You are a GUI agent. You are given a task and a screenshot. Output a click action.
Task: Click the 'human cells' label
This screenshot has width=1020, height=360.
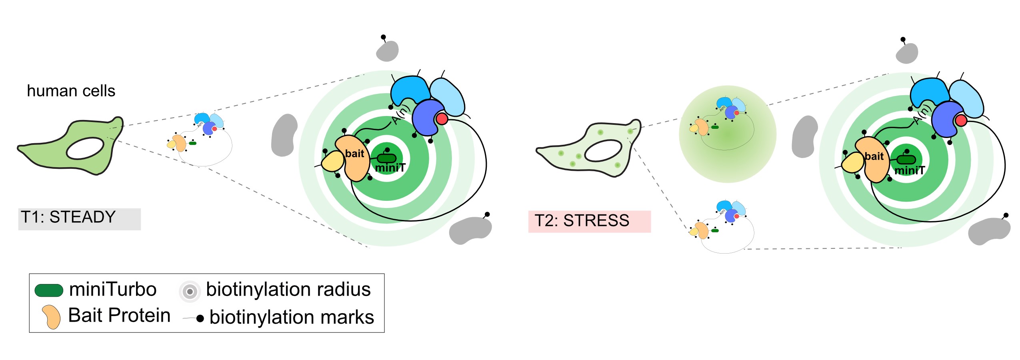tap(71, 91)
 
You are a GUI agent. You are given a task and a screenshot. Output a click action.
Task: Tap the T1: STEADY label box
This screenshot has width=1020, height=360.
tap(79, 218)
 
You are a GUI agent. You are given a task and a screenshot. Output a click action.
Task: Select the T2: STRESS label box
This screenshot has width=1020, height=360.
tap(589, 221)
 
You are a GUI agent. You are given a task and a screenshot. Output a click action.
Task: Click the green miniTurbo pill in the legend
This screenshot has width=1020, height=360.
tap(49, 290)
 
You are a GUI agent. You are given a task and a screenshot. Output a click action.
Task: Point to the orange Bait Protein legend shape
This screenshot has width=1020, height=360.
tap(52, 317)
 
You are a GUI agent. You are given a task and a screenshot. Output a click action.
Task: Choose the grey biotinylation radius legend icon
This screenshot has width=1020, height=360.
tap(190, 291)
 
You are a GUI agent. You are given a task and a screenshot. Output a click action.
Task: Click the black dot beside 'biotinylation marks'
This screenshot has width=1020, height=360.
tap(200, 318)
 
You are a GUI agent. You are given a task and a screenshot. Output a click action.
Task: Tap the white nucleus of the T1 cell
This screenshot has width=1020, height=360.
tap(85, 148)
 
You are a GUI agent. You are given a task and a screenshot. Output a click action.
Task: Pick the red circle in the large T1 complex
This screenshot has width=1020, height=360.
tap(441, 119)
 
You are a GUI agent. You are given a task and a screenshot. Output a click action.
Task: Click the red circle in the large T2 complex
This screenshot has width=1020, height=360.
tap(960, 120)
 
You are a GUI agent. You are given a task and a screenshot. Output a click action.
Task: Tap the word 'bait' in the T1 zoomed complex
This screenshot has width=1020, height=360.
tap(354, 154)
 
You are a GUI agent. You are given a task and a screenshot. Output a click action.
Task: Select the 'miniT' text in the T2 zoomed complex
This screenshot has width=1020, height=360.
tap(909, 171)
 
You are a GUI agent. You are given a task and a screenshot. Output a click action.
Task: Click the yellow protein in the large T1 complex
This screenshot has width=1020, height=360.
tap(333, 162)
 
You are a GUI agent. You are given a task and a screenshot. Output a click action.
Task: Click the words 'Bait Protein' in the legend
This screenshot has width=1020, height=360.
tap(119, 315)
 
